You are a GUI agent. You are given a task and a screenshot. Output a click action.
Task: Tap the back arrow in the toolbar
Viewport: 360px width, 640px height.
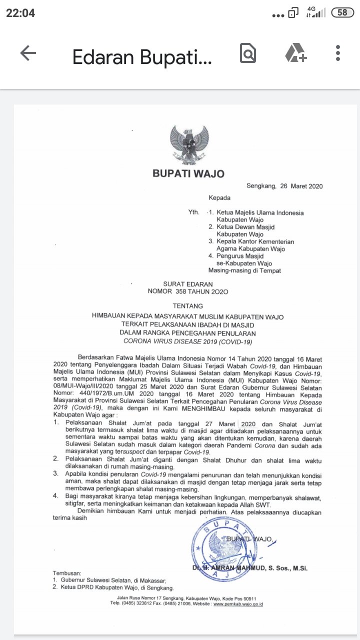pos(28,53)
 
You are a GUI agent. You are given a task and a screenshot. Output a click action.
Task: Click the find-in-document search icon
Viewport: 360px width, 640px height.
pos(247,53)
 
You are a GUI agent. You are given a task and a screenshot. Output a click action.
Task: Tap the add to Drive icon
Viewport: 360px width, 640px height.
pos(295,53)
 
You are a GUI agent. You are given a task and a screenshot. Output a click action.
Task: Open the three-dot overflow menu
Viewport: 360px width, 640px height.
pos(338,53)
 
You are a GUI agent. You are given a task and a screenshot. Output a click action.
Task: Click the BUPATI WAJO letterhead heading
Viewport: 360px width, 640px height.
pos(188,174)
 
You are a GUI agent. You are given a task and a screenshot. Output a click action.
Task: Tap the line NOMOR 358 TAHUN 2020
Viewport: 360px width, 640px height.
pos(187,291)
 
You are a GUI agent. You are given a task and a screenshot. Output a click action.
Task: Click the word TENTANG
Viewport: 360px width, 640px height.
pos(187,306)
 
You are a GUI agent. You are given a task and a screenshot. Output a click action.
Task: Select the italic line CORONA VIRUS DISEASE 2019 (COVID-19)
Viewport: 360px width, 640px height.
pos(188,342)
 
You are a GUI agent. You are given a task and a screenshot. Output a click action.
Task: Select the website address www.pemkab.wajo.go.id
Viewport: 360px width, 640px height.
pos(238,604)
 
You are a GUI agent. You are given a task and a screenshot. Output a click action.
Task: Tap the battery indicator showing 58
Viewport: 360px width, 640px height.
pos(342,13)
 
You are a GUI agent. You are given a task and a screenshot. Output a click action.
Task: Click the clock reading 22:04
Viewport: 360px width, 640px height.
pos(20,13)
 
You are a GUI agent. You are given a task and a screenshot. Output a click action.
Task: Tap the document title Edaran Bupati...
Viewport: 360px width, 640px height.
pos(142,58)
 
